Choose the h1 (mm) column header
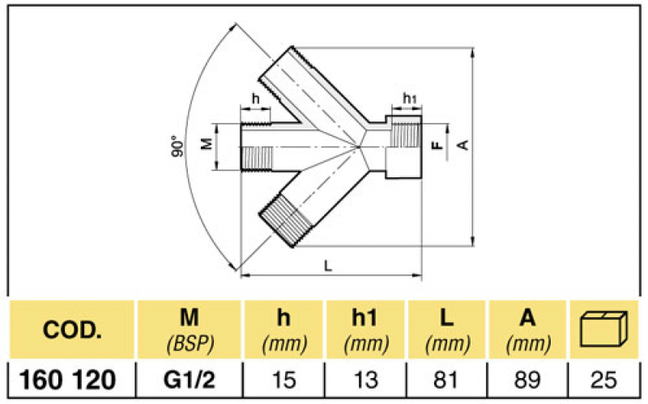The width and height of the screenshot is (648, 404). pyautogui.click(x=366, y=330)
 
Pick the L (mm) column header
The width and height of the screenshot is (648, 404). pyautogui.click(x=446, y=330)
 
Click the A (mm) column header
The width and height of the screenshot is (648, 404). pyautogui.click(x=527, y=330)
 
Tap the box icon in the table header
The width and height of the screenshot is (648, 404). pyautogui.click(x=606, y=329)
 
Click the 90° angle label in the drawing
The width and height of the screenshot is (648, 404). pyautogui.click(x=177, y=147)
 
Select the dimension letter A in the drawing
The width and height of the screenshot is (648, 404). pyautogui.click(x=463, y=144)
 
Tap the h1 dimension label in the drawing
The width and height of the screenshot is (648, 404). pyautogui.click(x=410, y=99)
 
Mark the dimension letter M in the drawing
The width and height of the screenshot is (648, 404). pyautogui.click(x=206, y=145)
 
